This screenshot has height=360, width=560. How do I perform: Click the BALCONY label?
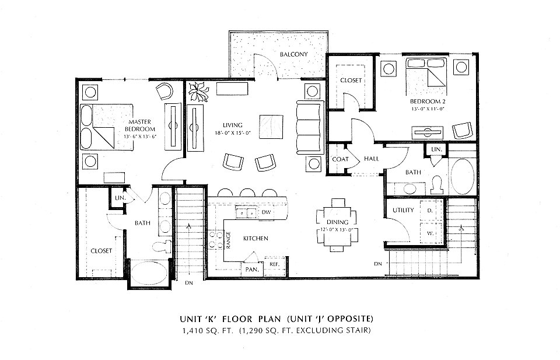pyautogui.click(x=293, y=54)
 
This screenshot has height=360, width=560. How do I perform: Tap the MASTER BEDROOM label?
pyautogui.click(x=139, y=125)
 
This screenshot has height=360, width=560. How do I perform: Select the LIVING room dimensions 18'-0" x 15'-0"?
pyautogui.click(x=233, y=133)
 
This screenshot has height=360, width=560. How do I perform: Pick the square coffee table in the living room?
pyautogui.click(x=272, y=127)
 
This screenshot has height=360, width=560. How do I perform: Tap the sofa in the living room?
pyautogui.click(x=310, y=128)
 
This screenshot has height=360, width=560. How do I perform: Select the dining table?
pyautogui.click(x=337, y=222)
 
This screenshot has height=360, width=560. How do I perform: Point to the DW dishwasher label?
pyautogui.click(x=266, y=212)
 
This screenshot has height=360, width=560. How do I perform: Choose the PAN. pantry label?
pyautogui.click(x=252, y=270)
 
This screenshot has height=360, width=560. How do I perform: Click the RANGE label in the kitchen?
pyautogui.click(x=229, y=240)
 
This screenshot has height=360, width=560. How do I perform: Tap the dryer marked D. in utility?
pyautogui.click(x=431, y=211)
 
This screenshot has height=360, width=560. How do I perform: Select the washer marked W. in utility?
pyautogui.click(x=431, y=233)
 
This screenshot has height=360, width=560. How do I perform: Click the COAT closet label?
pyautogui.click(x=340, y=159)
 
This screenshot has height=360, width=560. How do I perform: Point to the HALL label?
pyautogui.click(x=372, y=159)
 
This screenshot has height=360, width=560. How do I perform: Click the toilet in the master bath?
pyautogui.click(x=162, y=246)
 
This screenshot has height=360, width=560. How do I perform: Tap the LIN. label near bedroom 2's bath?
pyautogui.click(x=437, y=149)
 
